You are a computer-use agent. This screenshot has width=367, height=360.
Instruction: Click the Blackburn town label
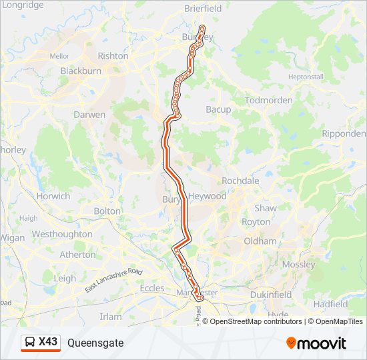[x=80, y=71]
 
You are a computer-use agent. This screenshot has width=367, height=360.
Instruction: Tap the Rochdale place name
[x=240, y=181]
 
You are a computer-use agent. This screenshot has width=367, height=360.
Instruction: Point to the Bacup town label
[x=218, y=109]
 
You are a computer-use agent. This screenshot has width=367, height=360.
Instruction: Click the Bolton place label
[x=107, y=211]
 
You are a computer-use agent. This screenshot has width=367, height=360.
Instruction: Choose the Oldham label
[x=260, y=241]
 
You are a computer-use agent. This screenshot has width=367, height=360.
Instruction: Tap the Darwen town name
[x=89, y=115]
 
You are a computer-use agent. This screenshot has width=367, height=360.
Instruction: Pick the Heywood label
[x=208, y=196]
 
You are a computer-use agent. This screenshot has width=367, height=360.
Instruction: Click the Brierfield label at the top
[x=203, y=9]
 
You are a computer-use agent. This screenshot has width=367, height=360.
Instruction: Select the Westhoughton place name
[x=62, y=234]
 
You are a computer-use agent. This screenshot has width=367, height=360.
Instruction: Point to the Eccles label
[x=151, y=288]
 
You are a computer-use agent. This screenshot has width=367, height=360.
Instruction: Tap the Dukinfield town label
[x=271, y=294]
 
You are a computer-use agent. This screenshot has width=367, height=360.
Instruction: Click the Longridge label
[x=23, y=5]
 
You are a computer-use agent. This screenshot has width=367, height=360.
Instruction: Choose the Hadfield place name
[x=330, y=303]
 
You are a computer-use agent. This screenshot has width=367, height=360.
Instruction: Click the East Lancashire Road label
[x=114, y=281]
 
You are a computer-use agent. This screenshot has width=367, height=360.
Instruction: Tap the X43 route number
[x=48, y=342]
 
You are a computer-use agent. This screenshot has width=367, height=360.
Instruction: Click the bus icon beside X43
[x=30, y=343]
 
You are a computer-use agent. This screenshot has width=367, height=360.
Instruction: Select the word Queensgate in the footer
[x=95, y=343]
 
